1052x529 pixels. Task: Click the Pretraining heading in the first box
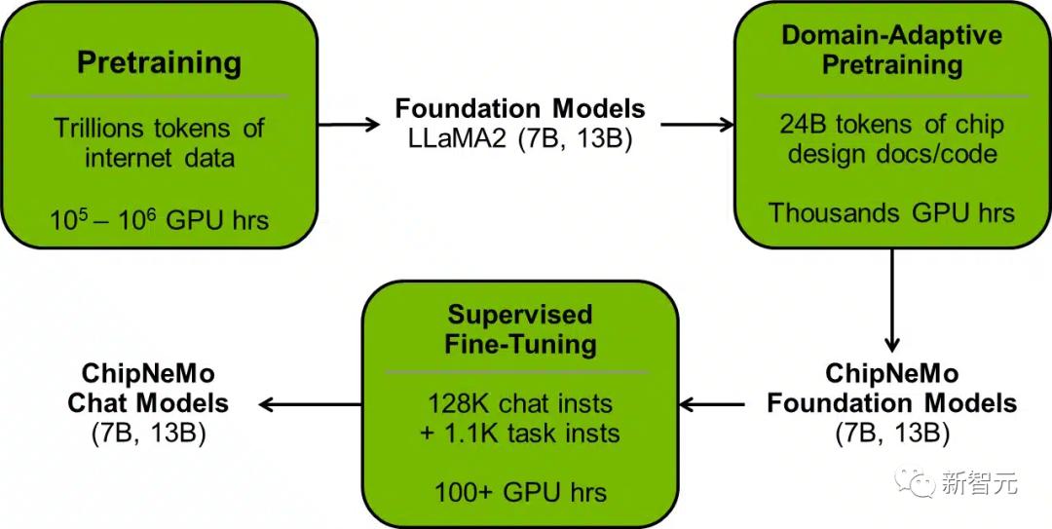click(159, 63)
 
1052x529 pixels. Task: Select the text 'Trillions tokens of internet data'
click(159, 142)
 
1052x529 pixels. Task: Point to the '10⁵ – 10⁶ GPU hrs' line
click(159, 220)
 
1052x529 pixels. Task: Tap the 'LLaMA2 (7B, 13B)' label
click(520, 137)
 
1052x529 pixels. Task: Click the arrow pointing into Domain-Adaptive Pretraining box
click(697, 125)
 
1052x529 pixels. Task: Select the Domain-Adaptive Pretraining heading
click(891, 51)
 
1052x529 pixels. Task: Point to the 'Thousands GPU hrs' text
click(891, 213)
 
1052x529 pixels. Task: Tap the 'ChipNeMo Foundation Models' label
click(891, 389)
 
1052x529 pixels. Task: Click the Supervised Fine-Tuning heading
click(519, 329)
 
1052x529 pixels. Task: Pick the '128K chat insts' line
click(519, 404)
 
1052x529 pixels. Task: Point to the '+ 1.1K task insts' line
click(519, 432)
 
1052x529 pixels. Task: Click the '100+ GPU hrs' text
click(519, 491)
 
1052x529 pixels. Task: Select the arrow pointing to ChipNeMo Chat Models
click(310, 401)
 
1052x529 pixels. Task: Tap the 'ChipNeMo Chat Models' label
click(148, 389)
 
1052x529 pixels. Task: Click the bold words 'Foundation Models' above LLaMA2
click(520, 108)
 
